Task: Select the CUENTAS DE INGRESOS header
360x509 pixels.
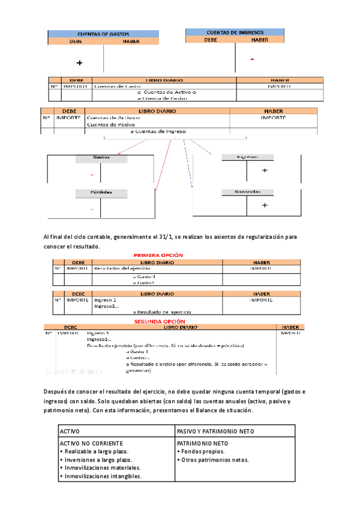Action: tap(235, 32)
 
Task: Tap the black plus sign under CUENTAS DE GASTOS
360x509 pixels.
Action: tap(79, 63)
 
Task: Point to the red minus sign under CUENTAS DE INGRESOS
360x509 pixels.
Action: tap(253, 59)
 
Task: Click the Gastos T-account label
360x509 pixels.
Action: tap(100, 158)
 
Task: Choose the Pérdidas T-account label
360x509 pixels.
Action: tap(100, 193)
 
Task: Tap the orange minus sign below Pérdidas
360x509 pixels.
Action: tap(92, 209)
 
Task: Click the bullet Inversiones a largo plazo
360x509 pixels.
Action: tap(96, 460)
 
